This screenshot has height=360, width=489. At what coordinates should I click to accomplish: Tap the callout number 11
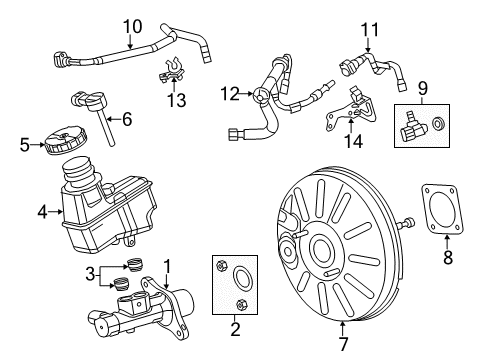point(370,28)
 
